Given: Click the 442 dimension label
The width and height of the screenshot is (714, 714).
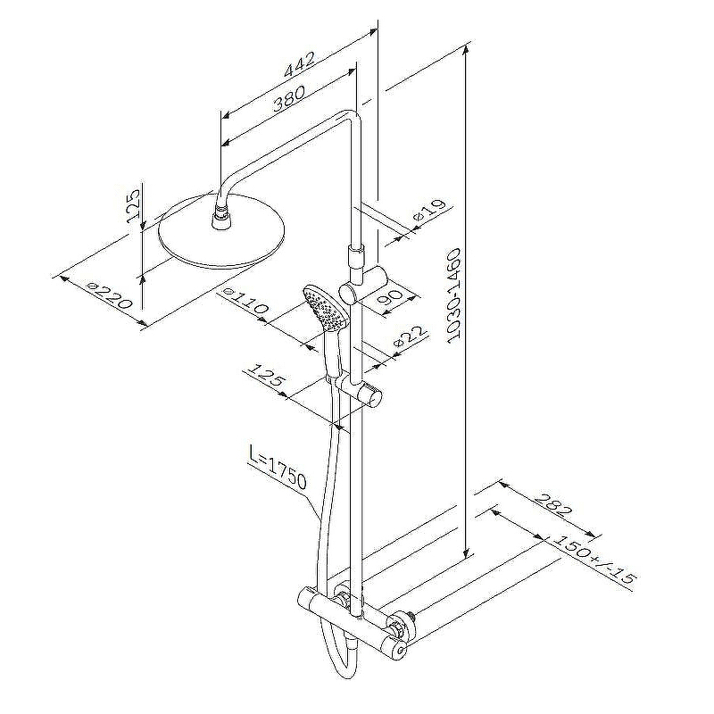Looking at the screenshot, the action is pyautogui.click(x=299, y=63).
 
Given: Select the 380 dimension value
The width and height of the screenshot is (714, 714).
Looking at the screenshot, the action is pyautogui.click(x=288, y=98).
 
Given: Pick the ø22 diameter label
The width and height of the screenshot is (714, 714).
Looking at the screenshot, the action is pyautogui.click(x=410, y=337).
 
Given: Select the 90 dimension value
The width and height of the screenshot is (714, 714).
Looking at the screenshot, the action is pyautogui.click(x=391, y=297).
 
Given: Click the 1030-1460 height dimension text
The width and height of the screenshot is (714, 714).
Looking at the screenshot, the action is pyautogui.click(x=453, y=296).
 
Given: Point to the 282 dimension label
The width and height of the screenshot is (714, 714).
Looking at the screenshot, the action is pyautogui.click(x=552, y=504).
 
